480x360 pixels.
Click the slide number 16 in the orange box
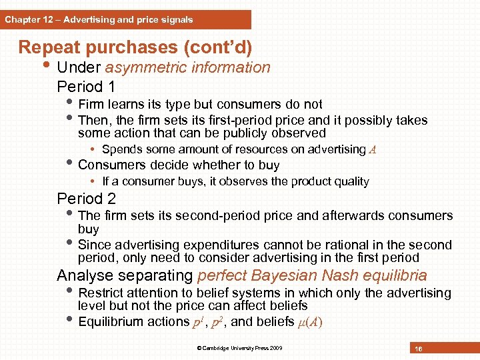419,349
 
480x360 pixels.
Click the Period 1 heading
86,87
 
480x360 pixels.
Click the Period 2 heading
86,199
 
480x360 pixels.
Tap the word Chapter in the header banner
21,19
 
